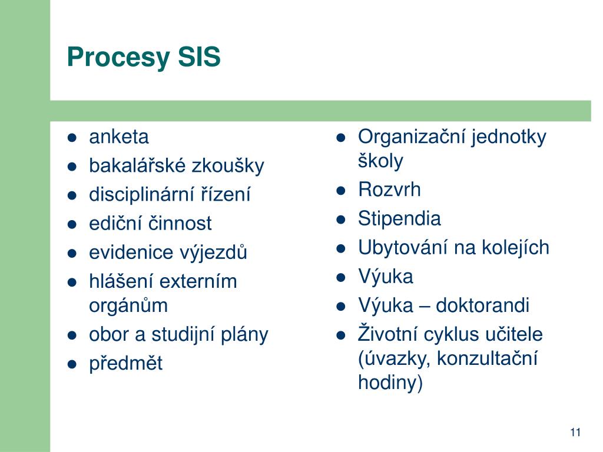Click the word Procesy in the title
118,58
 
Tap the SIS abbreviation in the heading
199,56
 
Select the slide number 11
575,433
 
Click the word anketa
119,137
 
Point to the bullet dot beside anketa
72,138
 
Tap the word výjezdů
212,252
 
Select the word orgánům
128,306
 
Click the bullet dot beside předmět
72,364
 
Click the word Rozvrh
389,190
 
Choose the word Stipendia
399,219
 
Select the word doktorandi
483,305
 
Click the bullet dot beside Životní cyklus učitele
341,335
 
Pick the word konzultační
487,358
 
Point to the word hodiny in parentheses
387,383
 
